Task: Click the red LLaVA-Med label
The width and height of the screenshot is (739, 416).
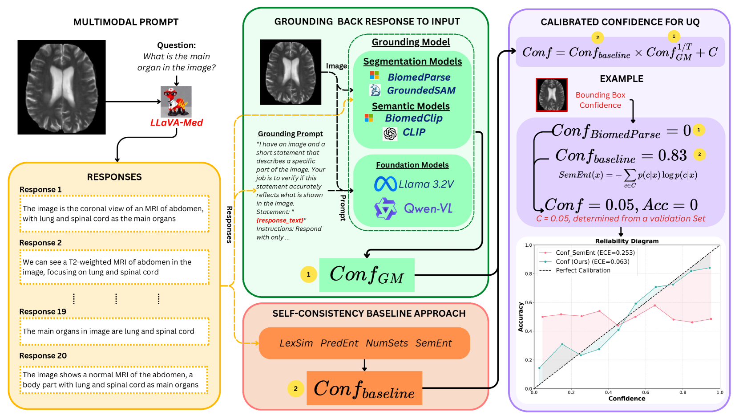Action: (177, 123)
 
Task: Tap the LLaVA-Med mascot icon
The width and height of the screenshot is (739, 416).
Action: (176, 102)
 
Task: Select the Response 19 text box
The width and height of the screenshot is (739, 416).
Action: (114, 331)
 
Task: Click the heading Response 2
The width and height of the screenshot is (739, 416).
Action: (40, 243)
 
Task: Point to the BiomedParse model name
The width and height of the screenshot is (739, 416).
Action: (419, 77)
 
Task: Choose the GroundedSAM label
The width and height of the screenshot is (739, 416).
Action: (421, 90)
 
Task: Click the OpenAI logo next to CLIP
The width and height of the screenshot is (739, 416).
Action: (390, 134)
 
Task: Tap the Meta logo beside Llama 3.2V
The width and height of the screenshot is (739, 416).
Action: (385, 184)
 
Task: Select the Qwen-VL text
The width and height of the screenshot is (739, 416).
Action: (428, 208)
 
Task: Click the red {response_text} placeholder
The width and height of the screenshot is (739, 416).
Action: (280, 220)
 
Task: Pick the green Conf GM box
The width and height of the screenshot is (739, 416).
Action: (367, 275)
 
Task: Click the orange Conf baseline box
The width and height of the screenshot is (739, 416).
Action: (364, 388)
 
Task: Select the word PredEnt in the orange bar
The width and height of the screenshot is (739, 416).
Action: (339, 343)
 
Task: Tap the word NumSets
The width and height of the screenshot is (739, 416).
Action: (387, 343)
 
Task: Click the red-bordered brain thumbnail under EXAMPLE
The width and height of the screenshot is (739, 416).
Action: (552, 95)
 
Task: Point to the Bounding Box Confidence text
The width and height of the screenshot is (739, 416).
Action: (601, 100)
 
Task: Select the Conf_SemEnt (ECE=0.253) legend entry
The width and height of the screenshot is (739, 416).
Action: (587, 253)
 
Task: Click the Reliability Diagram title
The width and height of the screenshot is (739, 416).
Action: (627, 241)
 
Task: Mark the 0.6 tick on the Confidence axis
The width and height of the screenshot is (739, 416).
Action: (645, 392)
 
